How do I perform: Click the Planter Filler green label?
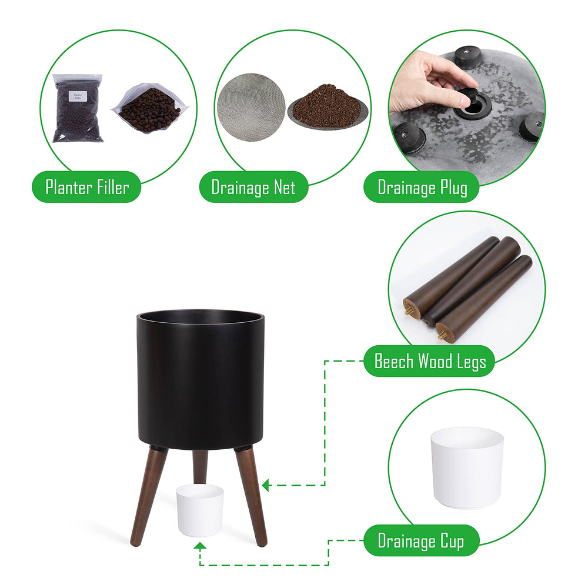pos(86,187)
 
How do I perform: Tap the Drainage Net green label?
pos(253,187)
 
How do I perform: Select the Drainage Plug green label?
pos(422,187)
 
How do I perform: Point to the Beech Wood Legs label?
pos(429,361)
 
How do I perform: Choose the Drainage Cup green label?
pos(422,540)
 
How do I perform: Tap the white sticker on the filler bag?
pos(78,96)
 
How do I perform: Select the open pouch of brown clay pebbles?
pos(150,108)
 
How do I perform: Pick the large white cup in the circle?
pos(467,467)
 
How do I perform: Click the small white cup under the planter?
pos(200,510)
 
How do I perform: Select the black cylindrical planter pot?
pos(201,379)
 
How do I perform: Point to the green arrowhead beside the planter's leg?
pos(266,485)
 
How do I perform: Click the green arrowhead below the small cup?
pos(200,546)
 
